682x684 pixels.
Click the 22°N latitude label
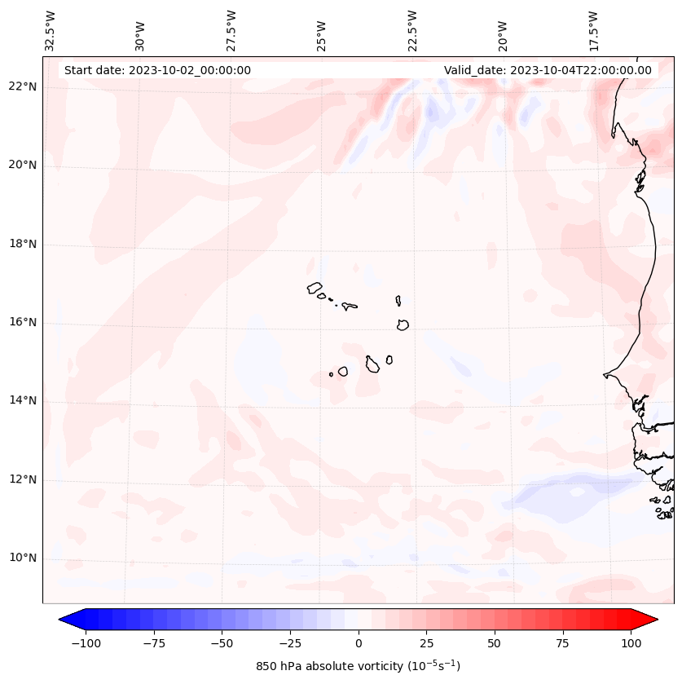pyautogui.click(x=23, y=86)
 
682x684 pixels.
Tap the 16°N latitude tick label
pyautogui.click(x=23, y=322)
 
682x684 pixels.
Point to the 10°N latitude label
pyautogui.click(x=23, y=558)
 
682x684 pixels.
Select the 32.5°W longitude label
pyautogui.click(x=51, y=30)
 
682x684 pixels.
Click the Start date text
pyautogui.click(x=157, y=70)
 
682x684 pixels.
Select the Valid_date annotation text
pyautogui.click(x=548, y=70)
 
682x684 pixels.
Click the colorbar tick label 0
pyautogui.click(x=359, y=643)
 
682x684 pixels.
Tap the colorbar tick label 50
pyautogui.click(x=494, y=643)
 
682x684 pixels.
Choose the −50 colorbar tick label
pyautogui.click(x=222, y=643)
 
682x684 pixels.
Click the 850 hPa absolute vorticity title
pyautogui.click(x=359, y=666)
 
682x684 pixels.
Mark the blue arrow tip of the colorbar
pyautogui.click(x=66, y=620)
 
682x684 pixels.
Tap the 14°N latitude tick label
pyautogui.click(x=23, y=400)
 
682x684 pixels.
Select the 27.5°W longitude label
pyautogui.click(x=231, y=30)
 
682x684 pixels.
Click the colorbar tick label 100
pyautogui.click(x=630, y=643)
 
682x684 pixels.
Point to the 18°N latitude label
pyautogui.click(x=23, y=244)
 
